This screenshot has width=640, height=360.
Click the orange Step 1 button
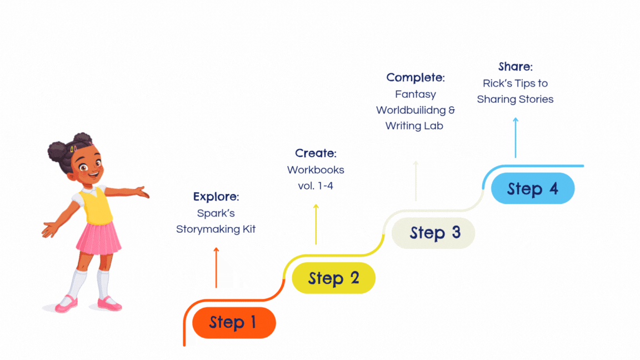234,323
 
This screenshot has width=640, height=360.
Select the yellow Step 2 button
333,278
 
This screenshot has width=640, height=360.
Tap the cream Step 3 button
433,233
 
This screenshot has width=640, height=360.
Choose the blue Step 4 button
532,188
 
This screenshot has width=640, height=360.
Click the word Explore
215,197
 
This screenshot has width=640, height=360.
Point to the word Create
315,153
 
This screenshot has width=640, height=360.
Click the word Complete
415,78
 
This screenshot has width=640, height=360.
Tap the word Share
514,67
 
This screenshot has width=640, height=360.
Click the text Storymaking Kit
216,229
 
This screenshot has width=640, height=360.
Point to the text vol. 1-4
316,186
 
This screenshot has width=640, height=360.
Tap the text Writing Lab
414,126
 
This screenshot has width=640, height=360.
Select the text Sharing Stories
515,99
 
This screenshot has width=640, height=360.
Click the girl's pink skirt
98,238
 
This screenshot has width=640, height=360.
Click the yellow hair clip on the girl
73,148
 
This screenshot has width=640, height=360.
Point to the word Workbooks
316,169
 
